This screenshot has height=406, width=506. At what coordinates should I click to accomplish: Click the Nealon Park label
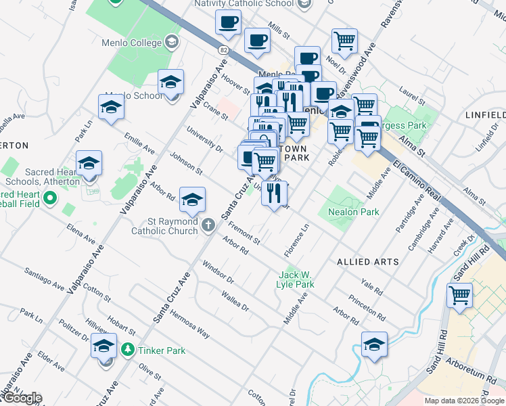click(x=352, y=212)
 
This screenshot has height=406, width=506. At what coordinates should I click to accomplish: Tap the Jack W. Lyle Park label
click(x=296, y=279)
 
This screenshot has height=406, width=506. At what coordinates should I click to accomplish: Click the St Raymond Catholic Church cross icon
click(x=209, y=225)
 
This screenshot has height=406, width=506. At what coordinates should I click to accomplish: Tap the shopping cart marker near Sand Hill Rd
click(x=459, y=295)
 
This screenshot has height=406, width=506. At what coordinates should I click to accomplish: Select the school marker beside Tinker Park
click(x=103, y=346)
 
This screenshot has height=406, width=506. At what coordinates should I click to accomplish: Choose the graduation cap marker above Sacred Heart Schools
click(x=89, y=164)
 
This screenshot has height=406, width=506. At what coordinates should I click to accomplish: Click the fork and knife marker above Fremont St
click(x=273, y=194)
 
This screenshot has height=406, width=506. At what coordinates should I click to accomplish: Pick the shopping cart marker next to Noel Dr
click(x=344, y=41)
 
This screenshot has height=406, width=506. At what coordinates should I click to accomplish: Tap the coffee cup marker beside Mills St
click(x=256, y=41)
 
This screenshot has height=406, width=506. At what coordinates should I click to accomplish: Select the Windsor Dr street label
click(x=218, y=275)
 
